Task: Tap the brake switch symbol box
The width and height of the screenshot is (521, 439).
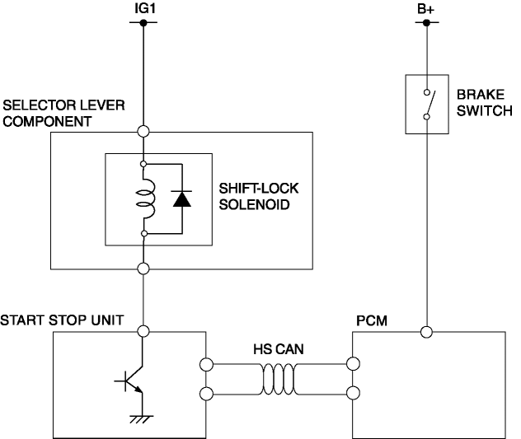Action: [x=426, y=104]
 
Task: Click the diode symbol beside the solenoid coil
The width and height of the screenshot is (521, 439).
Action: [x=181, y=198]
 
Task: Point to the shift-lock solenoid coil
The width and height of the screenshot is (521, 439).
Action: [x=145, y=198]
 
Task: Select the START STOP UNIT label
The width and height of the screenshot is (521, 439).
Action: [x=63, y=319]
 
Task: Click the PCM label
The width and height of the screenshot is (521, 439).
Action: [x=368, y=319]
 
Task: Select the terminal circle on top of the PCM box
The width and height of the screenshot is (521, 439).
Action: [x=426, y=332]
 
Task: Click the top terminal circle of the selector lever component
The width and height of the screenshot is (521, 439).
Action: [x=144, y=131]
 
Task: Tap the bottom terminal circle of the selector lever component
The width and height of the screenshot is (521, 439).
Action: [x=144, y=269]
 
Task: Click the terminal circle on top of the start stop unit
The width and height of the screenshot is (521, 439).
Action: [x=144, y=332]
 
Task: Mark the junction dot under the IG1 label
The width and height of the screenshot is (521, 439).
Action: [x=144, y=23]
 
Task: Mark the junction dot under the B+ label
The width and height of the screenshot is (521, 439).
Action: [x=426, y=23]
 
